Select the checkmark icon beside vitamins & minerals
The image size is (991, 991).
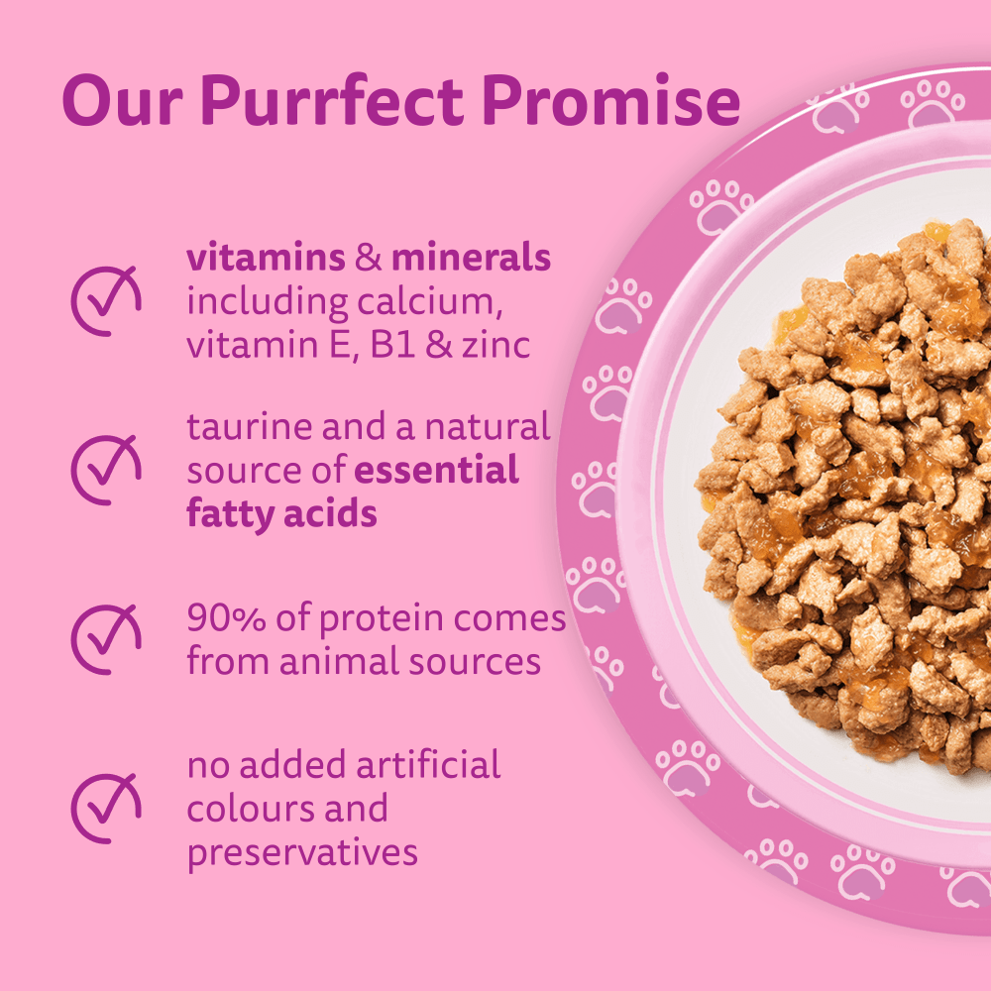105,299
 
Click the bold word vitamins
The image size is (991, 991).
266,259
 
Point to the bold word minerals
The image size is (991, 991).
471,259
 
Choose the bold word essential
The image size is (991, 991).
436,470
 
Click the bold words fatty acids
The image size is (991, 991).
281,513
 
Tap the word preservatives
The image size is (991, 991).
302,851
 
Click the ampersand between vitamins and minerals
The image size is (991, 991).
368,259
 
